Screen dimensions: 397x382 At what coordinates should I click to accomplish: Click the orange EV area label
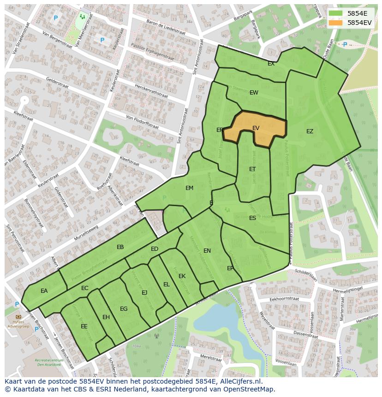256,128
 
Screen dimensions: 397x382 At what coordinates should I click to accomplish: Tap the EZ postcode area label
310,131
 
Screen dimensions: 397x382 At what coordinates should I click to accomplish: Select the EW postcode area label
254,93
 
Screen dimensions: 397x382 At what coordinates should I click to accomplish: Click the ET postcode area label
252,169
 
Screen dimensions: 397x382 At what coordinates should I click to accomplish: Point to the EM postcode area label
189,188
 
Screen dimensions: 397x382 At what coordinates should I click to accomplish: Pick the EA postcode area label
44,291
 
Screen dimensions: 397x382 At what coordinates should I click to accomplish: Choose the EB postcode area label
120,247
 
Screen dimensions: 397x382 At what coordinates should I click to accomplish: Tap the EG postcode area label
124,309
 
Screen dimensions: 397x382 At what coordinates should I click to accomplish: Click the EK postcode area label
182,276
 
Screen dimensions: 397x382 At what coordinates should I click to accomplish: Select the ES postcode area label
252,218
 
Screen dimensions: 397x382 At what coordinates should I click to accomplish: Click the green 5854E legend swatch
336,13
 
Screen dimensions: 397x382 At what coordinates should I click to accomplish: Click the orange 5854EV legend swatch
336,23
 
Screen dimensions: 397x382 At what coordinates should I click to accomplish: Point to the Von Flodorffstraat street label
143,119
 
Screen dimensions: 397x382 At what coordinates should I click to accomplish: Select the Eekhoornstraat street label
285,299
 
